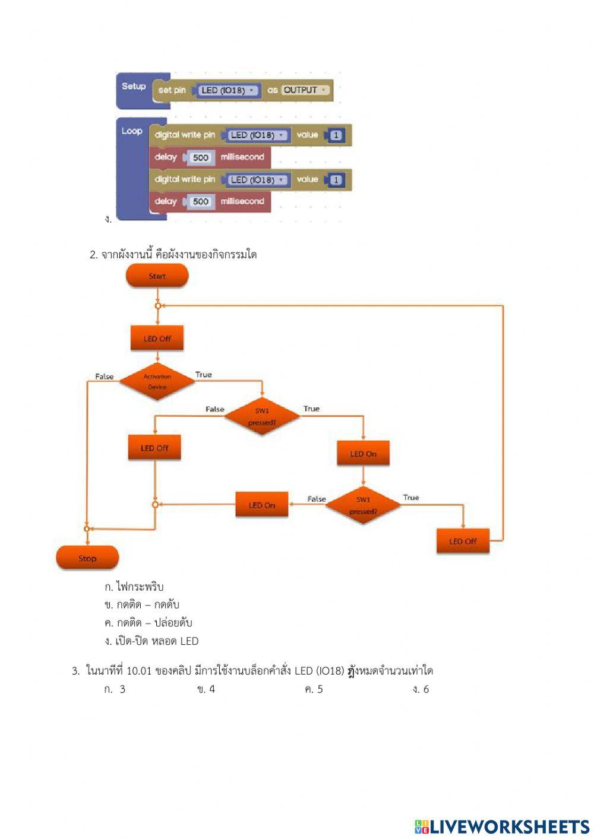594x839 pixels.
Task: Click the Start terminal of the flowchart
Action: pyautogui.click(x=157, y=276)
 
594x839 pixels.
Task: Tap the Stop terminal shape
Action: pyautogui.click(x=87, y=558)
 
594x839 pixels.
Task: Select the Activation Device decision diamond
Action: pyautogui.click(x=157, y=382)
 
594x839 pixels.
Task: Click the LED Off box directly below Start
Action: pyautogui.click(x=157, y=338)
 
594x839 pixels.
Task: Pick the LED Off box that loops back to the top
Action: pyautogui.click(x=463, y=541)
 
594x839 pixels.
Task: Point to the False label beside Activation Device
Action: pyautogui.click(x=104, y=376)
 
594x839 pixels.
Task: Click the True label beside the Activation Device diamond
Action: pyautogui.click(x=203, y=375)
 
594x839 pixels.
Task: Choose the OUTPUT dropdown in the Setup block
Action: pyautogui.click(x=305, y=90)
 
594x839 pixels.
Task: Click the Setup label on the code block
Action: pyautogui.click(x=134, y=86)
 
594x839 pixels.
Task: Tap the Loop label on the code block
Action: pyautogui.click(x=132, y=131)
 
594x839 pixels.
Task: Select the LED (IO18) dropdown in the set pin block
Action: pyautogui.click(x=226, y=90)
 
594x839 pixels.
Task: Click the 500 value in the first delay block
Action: pyautogui.click(x=201, y=157)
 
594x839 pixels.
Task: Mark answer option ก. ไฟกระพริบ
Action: pyautogui.click(x=134, y=587)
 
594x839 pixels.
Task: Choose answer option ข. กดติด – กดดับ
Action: pyautogui.click(x=141, y=605)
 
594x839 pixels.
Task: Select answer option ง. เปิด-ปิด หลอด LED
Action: pyautogui.click(x=151, y=641)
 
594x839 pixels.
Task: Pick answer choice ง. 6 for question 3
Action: pyautogui.click(x=421, y=689)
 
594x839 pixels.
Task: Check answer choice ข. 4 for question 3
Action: pyautogui.click(x=206, y=689)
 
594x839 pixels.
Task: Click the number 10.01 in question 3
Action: pyautogui.click(x=139, y=671)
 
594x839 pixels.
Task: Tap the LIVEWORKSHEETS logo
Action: pyautogui.click(x=502, y=827)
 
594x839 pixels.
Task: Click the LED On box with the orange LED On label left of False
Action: pyautogui.click(x=262, y=505)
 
